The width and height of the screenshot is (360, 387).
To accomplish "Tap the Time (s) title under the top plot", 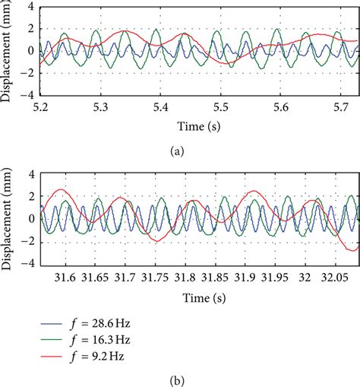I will pos(195,124).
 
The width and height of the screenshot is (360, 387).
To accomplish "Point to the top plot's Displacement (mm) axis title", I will pos(8,52).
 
